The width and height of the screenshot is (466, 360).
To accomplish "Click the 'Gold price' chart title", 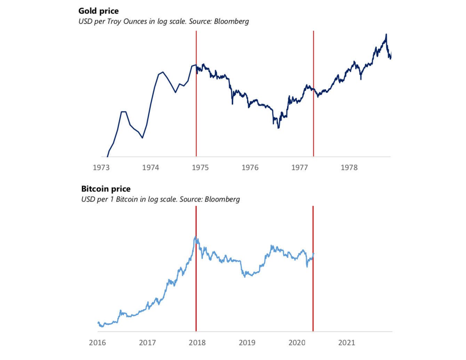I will [x=98, y=11].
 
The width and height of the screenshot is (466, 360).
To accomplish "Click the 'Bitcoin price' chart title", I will [x=106, y=189].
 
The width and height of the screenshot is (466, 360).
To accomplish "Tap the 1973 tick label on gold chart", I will [x=101, y=167].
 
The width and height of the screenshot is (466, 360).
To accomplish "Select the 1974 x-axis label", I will [x=151, y=167].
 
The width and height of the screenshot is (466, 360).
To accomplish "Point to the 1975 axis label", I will [x=200, y=167].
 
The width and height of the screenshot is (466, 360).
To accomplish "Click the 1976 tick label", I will [x=250, y=167].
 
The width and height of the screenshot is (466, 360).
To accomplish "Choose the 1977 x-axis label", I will [x=299, y=167].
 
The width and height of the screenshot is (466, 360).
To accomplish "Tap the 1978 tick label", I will [x=349, y=167].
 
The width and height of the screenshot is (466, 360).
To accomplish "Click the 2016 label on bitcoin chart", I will [x=97, y=343].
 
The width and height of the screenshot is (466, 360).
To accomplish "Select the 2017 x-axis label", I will [x=147, y=343].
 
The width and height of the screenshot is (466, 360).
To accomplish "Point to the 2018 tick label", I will [x=197, y=343].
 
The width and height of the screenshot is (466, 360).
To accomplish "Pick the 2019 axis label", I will [x=247, y=343].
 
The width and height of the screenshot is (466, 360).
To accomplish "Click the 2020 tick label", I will [x=297, y=343].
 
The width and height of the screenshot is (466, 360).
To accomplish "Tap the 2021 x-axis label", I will [x=347, y=343].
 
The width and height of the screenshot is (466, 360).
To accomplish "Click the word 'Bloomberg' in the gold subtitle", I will [x=231, y=22].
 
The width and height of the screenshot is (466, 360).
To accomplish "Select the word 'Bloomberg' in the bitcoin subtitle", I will [x=222, y=199].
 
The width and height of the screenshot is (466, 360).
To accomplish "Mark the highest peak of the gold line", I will [x=386, y=34].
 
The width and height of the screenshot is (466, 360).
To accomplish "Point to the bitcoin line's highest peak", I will [x=195, y=237].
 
